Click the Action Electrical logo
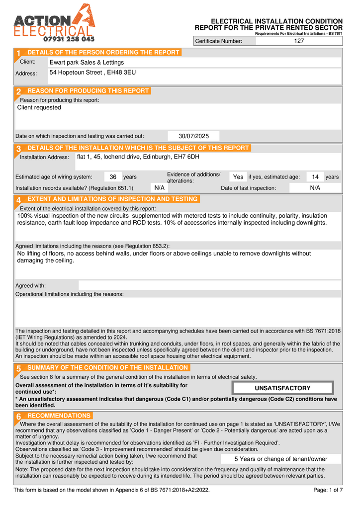[54, 22]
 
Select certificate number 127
[299, 41]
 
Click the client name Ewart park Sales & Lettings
[87, 63]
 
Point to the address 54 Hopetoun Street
[92, 73]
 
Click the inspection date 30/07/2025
[193, 136]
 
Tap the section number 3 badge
[18, 149]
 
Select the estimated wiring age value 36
[113, 177]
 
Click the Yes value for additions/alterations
[238, 177]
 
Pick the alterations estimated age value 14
[315, 177]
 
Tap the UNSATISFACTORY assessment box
[282, 388]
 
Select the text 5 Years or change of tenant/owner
[281, 459]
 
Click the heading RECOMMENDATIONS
[59, 416]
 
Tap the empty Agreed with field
[209, 286]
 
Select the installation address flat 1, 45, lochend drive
[138, 157]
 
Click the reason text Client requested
[39, 107]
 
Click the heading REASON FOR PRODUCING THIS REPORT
[88, 91]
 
